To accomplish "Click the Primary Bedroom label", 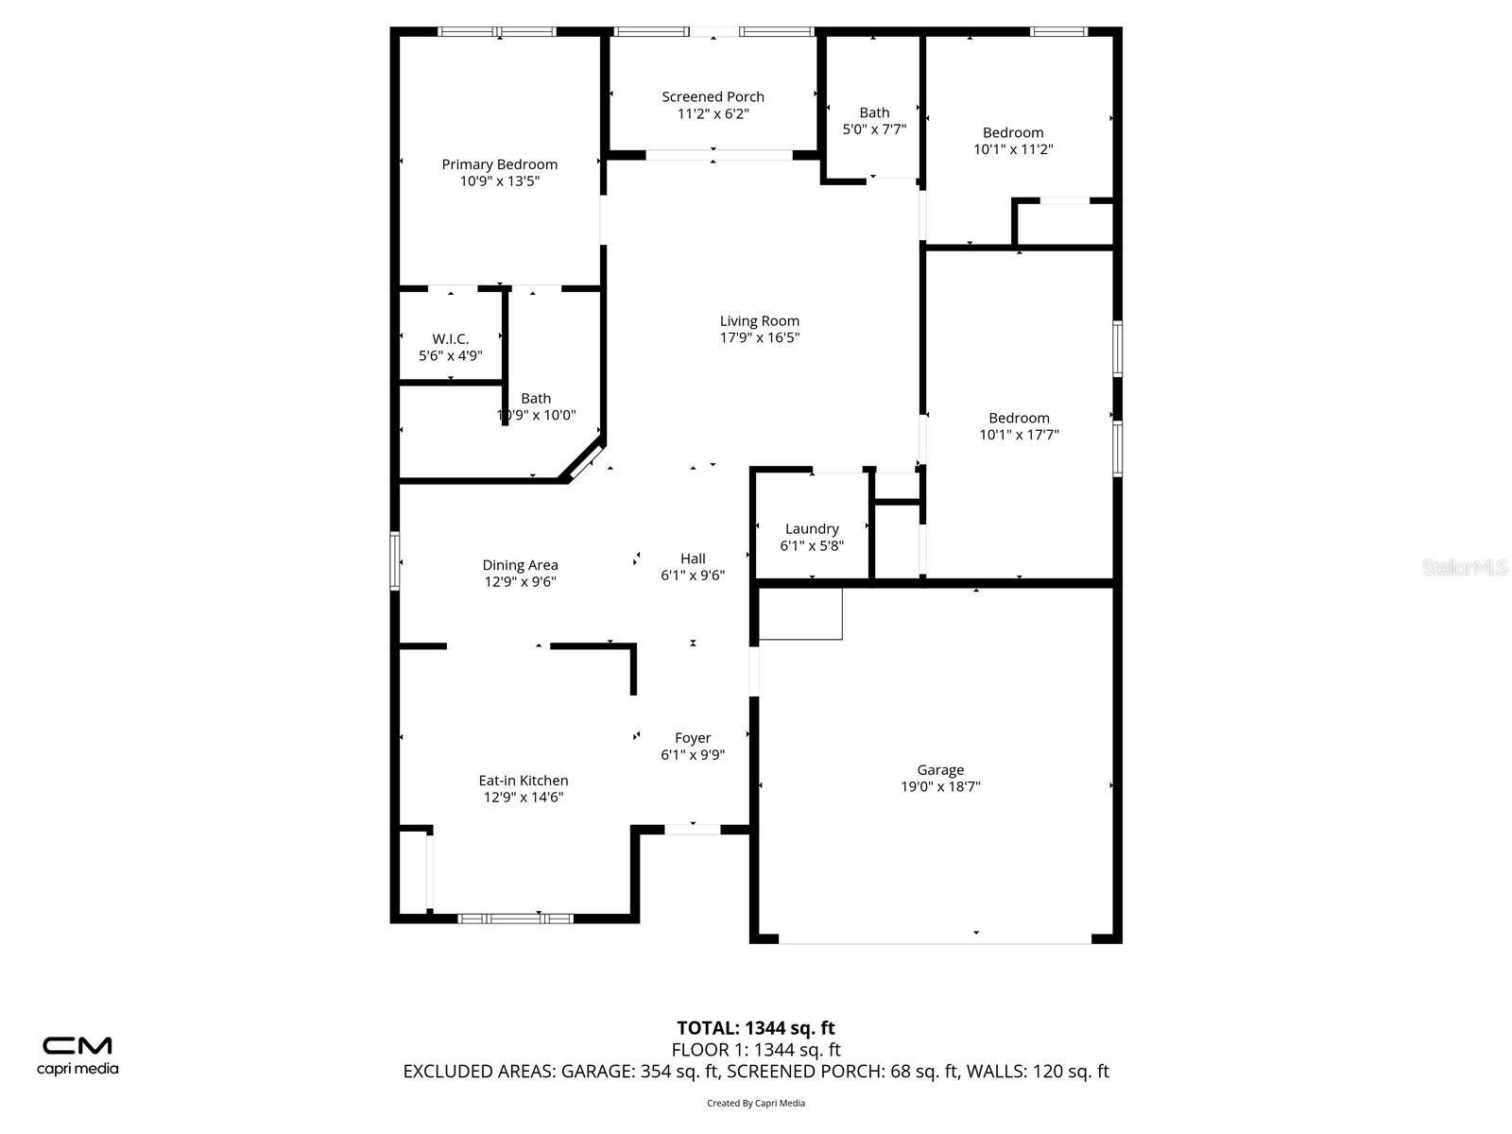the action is click(x=499, y=164).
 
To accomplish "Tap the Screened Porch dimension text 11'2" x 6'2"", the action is click(x=713, y=113).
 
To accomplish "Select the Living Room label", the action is click(x=759, y=321).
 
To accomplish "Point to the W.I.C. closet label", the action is click(x=451, y=338).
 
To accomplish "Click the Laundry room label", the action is click(x=812, y=529).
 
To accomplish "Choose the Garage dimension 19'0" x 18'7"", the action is click(x=940, y=786).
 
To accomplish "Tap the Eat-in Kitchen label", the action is click(x=524, y=781).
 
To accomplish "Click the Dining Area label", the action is click(x=520, y=564).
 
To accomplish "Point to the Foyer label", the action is click(x=693, y=738).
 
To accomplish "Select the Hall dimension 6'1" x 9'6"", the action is click(x=693, y=575).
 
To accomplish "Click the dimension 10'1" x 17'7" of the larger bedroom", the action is click(x=1019, y=435).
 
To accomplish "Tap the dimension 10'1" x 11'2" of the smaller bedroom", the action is click(x=1013, y=149).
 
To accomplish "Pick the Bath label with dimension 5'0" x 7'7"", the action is click(x=874, y=112).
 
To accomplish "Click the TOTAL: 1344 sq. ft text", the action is click(x=756, y=1028).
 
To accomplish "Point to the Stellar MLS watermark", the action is click(x=1465, y=567).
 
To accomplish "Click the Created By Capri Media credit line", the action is click(x=756, y=1103).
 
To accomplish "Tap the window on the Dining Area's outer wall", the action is click(x=395, y=560).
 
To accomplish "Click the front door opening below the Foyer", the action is click(x=693, y=830).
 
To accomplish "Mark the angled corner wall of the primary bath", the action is click(x=583, y=459).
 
